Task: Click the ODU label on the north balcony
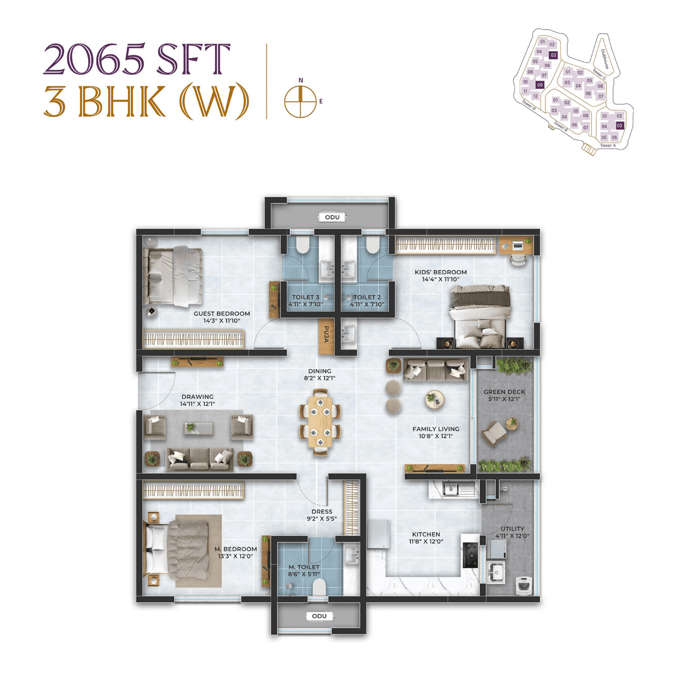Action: click(332, 217)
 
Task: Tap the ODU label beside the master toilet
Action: click(319, 616)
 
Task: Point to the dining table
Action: click(320, 422)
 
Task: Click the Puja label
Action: click(326, 335)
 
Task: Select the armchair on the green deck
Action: click(494, 434)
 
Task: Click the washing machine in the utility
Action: click(524, 585)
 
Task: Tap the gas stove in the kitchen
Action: click(471, 553)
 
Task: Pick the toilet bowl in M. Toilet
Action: click(319, 587)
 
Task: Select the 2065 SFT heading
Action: click(136, 59)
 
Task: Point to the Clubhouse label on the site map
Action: click(605, 58)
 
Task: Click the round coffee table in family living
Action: click(435, 399)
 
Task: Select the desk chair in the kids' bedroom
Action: click(518, 260)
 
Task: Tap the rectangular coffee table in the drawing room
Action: click(199, 428)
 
